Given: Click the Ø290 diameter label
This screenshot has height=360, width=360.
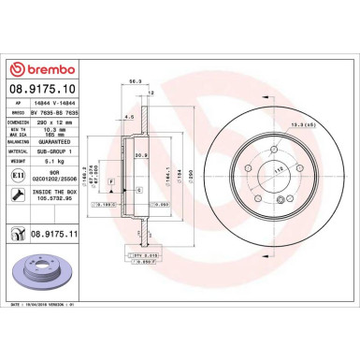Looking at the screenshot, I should pos(194,177).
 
